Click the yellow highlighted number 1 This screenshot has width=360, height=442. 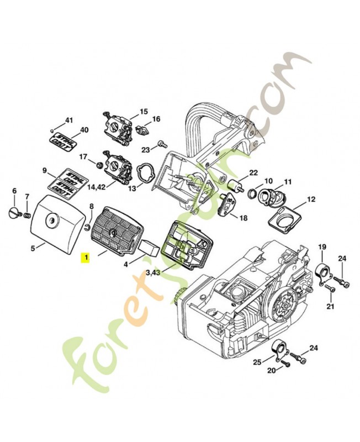coord(84,257)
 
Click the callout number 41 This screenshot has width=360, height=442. coord(69,120)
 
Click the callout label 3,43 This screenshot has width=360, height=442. coord(153,272)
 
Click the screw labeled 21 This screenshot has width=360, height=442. coord(331,288)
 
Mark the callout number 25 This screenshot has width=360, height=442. coord(257,362)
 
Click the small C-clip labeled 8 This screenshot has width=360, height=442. coord(88,225)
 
